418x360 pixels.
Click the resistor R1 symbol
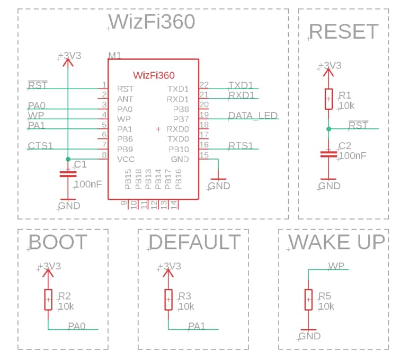(328, 99)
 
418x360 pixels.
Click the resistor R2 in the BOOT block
(48, 300)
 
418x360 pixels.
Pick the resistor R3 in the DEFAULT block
(168, 300)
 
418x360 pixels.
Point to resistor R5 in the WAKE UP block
(308, 300)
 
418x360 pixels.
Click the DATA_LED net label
(253, 116)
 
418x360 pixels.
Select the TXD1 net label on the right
(242, 85)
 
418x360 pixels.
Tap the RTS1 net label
(241, 146)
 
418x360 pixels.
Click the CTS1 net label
(41, 146)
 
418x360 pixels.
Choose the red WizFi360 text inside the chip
(153, 75)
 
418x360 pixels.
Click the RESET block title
(343, 32)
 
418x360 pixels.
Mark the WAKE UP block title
(336, 242)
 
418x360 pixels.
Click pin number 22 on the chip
(204, 85)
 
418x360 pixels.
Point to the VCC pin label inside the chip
(126, 159)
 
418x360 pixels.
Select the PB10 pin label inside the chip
(179, 149)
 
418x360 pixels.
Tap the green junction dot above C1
(67, 159)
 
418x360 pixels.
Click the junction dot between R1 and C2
(328, 129)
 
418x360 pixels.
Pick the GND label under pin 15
(219, 186)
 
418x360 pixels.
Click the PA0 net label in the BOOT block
(77, 326)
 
